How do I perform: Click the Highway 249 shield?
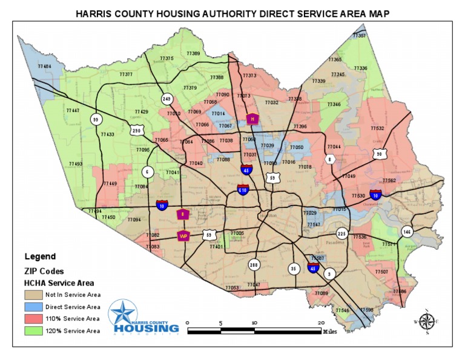click(x=166, y=99)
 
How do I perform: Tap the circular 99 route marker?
click(x=95, y=119)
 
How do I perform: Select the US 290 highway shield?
click(x=137, y=130)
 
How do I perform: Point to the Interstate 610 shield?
click(x=242, y=190)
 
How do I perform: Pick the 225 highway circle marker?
click(x=341, y=234)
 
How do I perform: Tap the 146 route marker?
click(x=406, y=232)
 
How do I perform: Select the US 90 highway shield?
click(x=379, y=154)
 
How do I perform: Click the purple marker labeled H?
click(x=252, y=119)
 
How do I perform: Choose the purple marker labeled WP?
click(x=183, y=235)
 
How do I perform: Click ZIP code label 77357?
click(x=359, y=36)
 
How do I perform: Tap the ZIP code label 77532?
click(x=377, y=128)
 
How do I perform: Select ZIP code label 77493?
click(x=76, y=164)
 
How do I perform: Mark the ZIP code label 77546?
click(x=343, y=310)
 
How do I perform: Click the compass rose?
click(x=427, y=321)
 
